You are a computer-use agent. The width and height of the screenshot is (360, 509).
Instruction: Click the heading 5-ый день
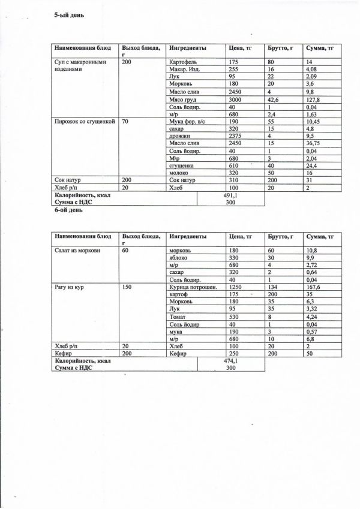(x=70, y=14)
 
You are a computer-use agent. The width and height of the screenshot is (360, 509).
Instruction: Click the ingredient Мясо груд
(x=185, y=99)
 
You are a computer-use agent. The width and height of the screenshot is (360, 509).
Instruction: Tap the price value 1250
(x=236, y=288)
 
